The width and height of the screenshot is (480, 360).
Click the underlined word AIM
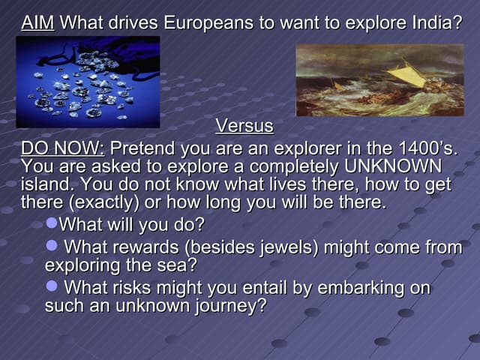[37, 22]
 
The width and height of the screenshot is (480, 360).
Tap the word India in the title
[435, 22]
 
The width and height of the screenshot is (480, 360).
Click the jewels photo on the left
[88, 82]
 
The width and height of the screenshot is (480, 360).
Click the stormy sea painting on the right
[379, 79]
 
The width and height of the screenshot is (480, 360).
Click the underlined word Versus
[244, 125]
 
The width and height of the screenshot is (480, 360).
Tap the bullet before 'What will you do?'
[52, 224]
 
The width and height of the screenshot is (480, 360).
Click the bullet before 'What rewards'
[52, 246]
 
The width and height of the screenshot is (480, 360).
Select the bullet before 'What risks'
[52, 287]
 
